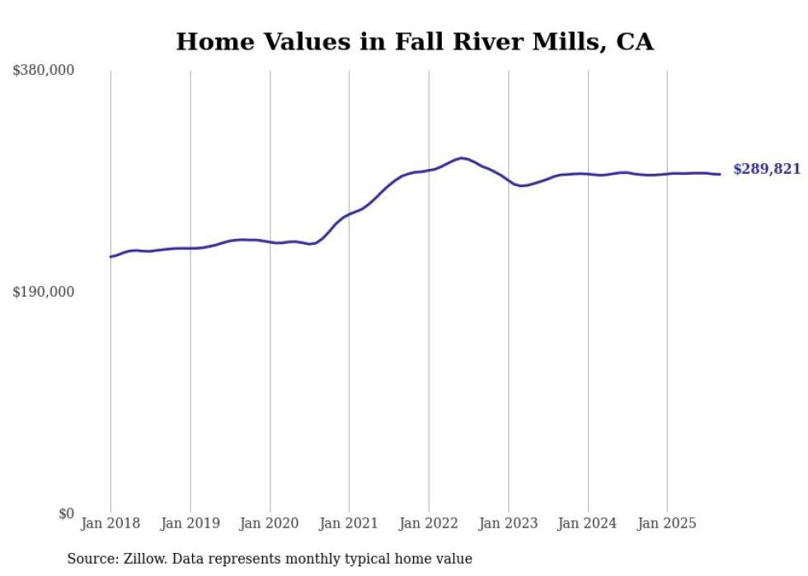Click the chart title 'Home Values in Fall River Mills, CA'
[415, 42]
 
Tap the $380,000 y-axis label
[44, 71]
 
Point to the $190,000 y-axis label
[44, 292]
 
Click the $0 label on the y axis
[66, 513]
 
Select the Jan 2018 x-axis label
[110, 523]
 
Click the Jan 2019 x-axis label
[190, 523]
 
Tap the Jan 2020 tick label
[270, 523]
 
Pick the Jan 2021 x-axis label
[349, 523]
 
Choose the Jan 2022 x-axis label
[429, 523]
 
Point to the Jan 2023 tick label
[508, 523]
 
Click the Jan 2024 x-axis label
[588, 523]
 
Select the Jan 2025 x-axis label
[667, 523]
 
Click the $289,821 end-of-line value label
[767, 170]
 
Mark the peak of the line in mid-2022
[462, 157]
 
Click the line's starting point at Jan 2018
[110, 257]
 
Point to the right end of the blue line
[720, 174]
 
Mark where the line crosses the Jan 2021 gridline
[349, 214]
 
